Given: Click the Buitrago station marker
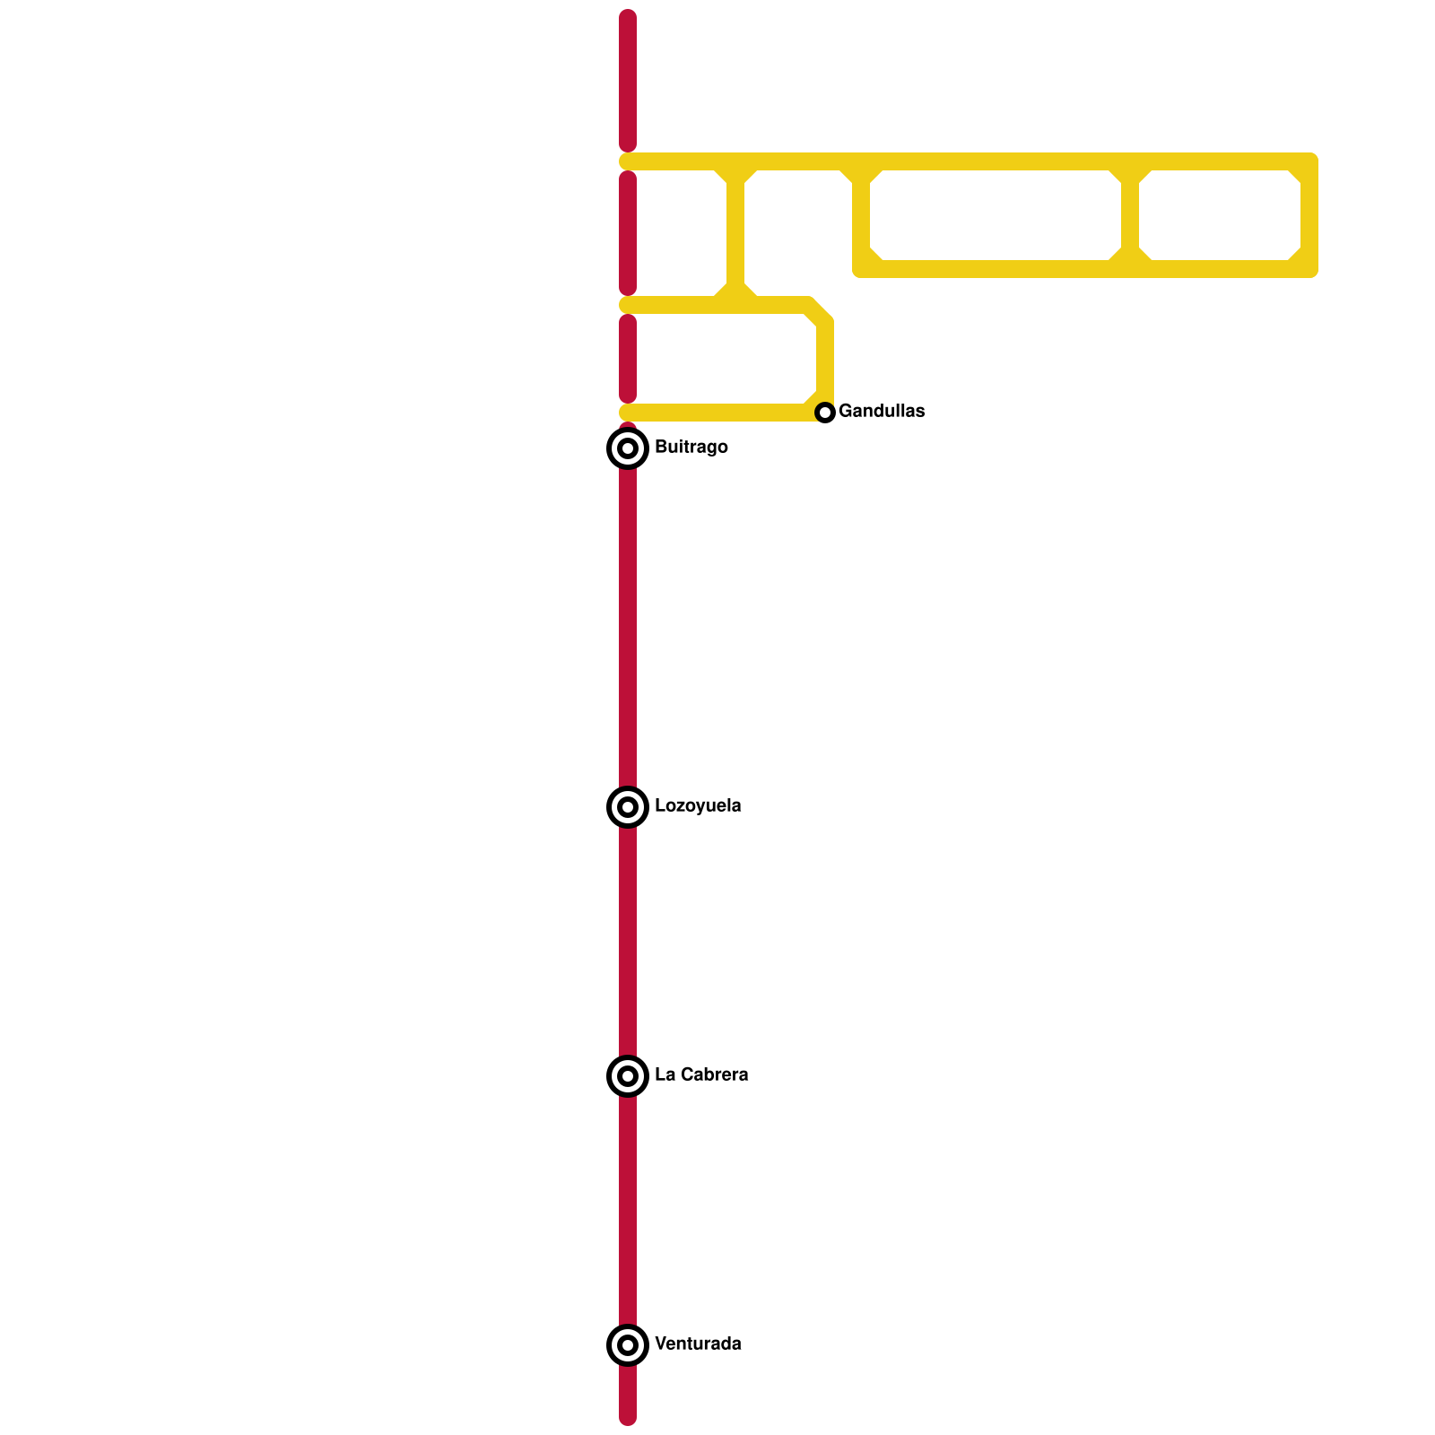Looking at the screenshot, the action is tap(628, 448).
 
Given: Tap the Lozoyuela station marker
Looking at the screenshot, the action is tap(628, 806).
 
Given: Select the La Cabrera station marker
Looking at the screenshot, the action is tap(628, 1075).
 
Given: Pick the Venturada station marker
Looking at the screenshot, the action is tap(628, 1344).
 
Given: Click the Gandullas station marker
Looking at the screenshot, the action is tap(825, 413).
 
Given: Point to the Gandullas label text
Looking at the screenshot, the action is tap(882, 411).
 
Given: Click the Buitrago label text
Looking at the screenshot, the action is tap(691, 447).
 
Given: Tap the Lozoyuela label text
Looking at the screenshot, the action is tap(698, 805).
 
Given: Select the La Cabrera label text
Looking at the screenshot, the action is tap(701, 1074).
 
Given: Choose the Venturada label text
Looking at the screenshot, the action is tap(698, 1344).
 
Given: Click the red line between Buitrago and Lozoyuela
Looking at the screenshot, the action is tap(628, 628).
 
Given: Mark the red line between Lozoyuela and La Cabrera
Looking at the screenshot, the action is tap(628, 942).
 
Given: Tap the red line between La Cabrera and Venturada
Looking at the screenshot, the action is tap(628, 1211).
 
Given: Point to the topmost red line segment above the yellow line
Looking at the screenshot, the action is tap(628, 81).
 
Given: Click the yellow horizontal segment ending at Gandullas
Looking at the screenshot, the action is tap(717, 413).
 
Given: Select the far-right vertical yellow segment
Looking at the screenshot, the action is tap(1309, 215).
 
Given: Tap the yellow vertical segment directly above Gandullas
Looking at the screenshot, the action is tap(825, 359).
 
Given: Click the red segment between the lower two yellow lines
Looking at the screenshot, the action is tap(628, 359).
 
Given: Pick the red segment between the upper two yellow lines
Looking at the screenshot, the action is tap(628, 233).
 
